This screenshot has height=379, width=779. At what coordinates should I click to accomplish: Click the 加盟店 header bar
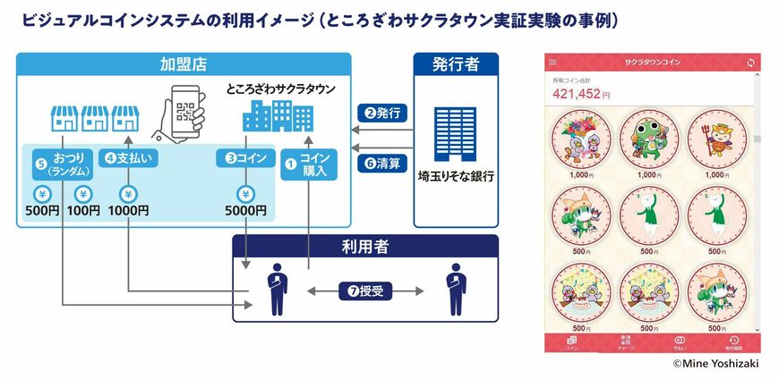coord(184,64)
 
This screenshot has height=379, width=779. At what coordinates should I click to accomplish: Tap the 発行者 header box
coord(456,64)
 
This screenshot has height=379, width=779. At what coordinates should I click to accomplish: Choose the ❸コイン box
coord(244,158)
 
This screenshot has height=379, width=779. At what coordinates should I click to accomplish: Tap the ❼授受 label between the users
coord(366,290)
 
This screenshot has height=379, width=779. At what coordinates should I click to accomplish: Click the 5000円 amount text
coord(244,211)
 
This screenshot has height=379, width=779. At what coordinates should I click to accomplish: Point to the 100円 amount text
coord(82,211)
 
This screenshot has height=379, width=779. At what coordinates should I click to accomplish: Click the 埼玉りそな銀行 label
coord(456,175)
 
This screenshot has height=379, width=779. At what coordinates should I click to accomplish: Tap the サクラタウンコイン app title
coord(652,62)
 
